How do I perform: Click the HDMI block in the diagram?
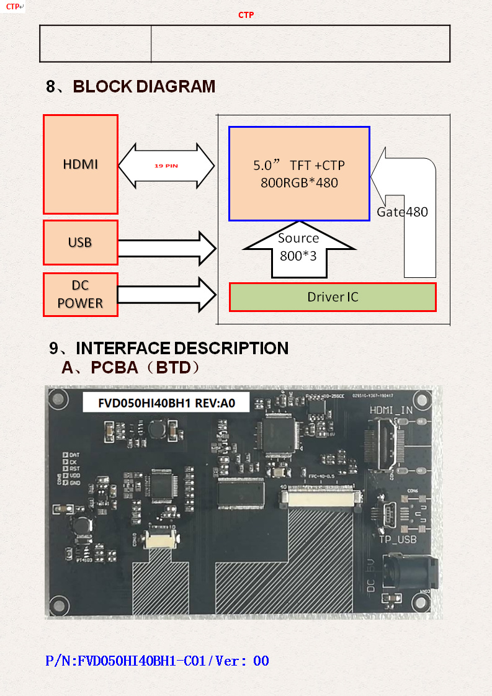(x=81, y=164)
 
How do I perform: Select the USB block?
(x=81, y=242)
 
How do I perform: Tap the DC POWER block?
(x=81, y=294)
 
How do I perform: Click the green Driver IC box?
(x=333, y=297)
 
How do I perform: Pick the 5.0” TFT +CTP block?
(x=299, y=174)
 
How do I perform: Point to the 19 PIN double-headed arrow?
(x=166, y=166)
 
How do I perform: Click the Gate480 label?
(x=402, y=212)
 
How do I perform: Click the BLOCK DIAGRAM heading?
(x=131, y=87)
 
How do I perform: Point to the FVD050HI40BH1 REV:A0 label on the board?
(x=166, y=402)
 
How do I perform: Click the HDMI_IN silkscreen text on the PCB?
(x=391, y=410)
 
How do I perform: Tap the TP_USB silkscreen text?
(x=398, y=540)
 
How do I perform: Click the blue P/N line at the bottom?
(x=158, y=661)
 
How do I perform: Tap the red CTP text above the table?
(x=246, y=15)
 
